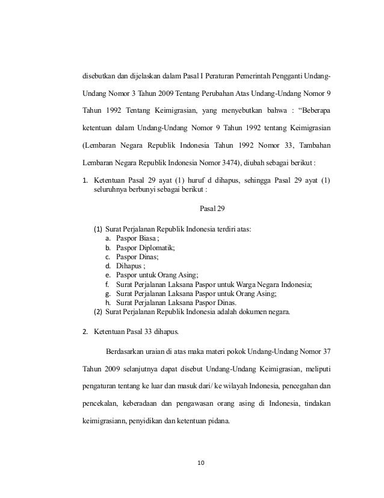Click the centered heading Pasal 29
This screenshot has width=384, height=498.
tap(208, 209)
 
